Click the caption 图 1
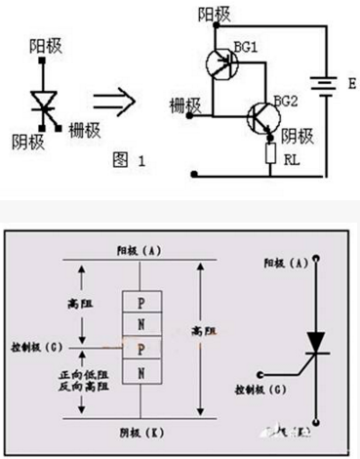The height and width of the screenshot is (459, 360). (122, 161)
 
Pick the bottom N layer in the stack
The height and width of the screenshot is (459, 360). (142, 372)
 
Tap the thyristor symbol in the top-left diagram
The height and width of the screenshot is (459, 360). (45, 101)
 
